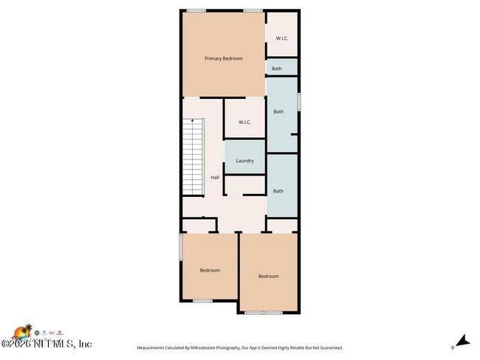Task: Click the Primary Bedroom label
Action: tap(223, 58)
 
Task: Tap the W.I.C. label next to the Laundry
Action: tap(244, 122)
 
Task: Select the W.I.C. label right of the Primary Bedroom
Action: tap(282, 38)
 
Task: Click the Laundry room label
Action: tap(244, 161)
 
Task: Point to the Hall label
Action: tap(215, 177)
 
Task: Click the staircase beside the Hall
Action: tap(193, 158)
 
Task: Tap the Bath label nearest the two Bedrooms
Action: tap(278, 191)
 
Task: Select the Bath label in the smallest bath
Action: tap(277, 69)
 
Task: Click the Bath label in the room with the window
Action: tap(278, 112)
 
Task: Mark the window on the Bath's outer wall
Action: tap(299, 101)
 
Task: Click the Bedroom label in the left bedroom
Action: tap(210, 270)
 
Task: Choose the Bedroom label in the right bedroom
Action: tap(268, 276)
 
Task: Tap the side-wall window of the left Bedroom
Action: tap(181, 246)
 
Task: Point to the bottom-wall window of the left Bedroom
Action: tap(203, 301)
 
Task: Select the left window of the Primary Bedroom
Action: tap(196, 10)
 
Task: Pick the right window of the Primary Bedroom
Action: tap(253, 10)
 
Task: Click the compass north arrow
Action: tap(462, 341)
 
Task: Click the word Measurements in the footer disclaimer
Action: tap(155, 347)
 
